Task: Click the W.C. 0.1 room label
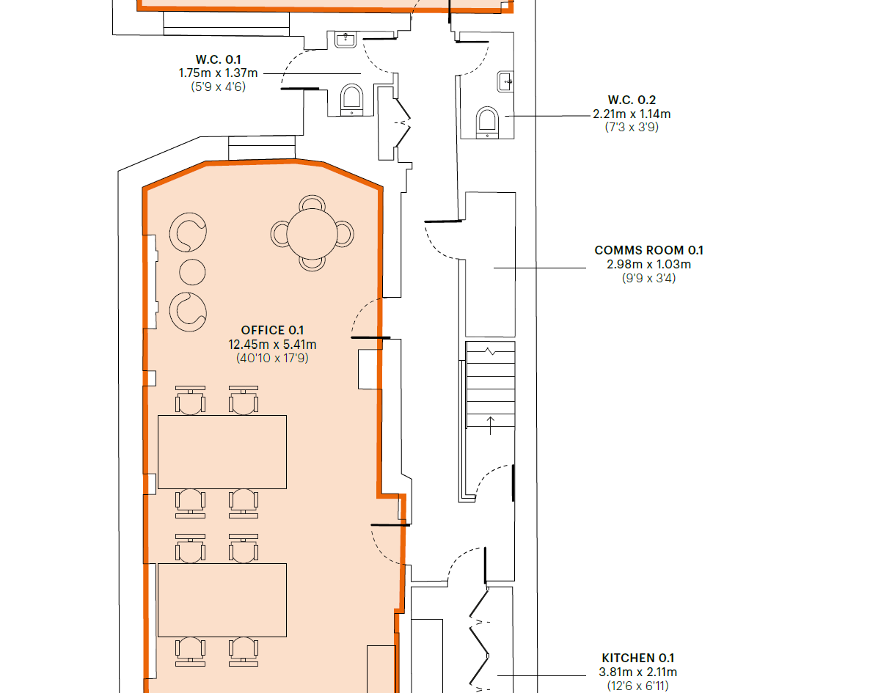[x=218, y=59]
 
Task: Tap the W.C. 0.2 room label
[x=632, y=100]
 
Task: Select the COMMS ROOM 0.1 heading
[x=648, y=250]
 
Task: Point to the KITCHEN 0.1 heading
[x=637, y=658]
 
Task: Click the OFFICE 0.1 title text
[x=272, y=330]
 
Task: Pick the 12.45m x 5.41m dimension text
[x=272, y=345]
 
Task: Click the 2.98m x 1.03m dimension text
[x=648, y=264]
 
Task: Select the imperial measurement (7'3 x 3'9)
[x=632, y=127]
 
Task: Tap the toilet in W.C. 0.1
[x=351, y=100]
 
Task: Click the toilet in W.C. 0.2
[x=487, y=122]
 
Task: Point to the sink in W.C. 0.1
[x=346, y=40]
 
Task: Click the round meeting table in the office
[x=312, y=233]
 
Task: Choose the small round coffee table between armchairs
[x=192, y=272]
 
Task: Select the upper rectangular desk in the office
[x=222, y=452]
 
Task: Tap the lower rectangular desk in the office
[x=222, y=601]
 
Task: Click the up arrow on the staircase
[x=491, y=425]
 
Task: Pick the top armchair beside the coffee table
[x=188, y=232]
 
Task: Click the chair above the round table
[x=312, y=202]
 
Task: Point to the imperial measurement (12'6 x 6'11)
[x=637, y=686]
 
